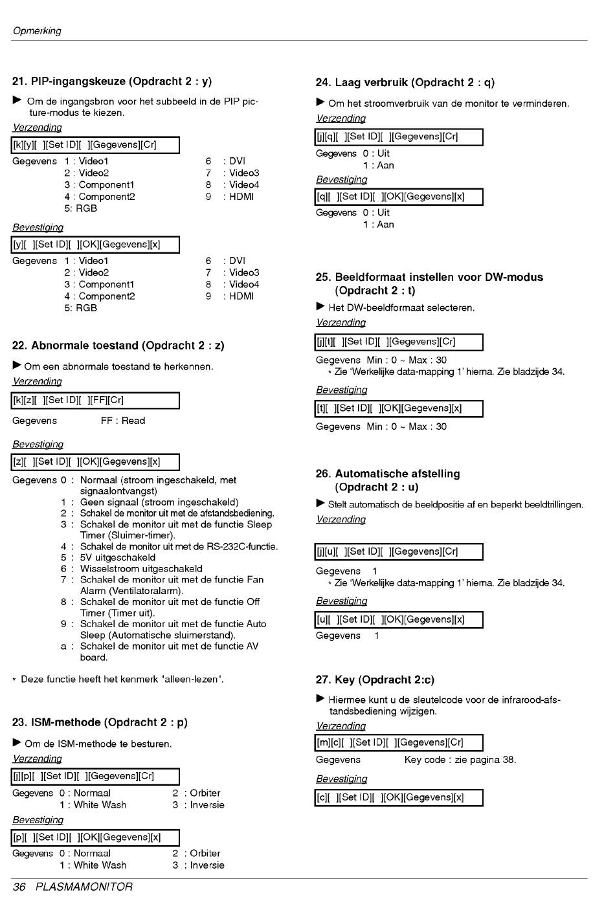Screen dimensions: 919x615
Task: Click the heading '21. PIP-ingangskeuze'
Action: point(112,82)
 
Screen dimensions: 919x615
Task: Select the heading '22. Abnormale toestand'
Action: point(118,346)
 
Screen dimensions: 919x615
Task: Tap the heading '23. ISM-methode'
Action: point(100,722)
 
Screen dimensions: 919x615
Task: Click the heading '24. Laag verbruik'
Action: point(405,83)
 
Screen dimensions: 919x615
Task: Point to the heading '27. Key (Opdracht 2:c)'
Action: point(375,680)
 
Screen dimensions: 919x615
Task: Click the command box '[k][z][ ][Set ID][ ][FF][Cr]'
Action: point(95,401)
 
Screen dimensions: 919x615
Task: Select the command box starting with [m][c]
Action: point(399,743)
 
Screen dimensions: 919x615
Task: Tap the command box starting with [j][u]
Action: point(399,552)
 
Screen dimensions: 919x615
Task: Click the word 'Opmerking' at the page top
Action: point(37,31)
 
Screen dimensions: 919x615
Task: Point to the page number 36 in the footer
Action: point(19,887)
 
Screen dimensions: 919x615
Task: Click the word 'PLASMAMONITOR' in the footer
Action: point(84,887)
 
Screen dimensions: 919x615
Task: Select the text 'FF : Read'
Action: point(123,421)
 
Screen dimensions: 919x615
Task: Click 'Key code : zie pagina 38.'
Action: point(460,760)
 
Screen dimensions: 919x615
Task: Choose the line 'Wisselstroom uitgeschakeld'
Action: point(141,569)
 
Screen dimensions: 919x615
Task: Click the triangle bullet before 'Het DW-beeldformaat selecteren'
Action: point(320,307)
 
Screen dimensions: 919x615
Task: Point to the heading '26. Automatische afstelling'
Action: point(397,480)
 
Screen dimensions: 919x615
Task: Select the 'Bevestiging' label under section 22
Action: point(38,445)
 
